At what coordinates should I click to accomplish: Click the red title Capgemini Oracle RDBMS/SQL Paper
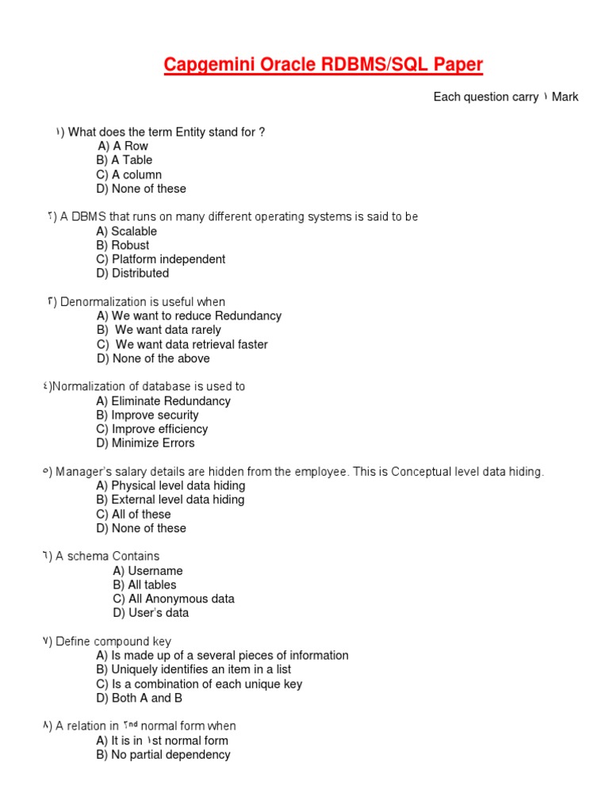point(323,64)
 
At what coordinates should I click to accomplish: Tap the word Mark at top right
point(565,97)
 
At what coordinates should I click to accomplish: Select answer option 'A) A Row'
point(123,146)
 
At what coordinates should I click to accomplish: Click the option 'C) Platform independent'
point(160,259)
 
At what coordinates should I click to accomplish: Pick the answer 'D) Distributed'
point(132,274)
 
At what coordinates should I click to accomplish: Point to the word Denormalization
point(99,302)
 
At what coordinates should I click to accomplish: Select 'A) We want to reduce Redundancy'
point(189,316)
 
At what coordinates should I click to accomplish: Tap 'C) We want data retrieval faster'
point(182,344)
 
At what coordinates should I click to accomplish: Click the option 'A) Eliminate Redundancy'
point(163,401)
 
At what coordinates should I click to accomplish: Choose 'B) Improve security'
point(147,415)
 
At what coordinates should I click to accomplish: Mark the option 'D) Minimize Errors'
point(145,443)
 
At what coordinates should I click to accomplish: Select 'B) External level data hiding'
point(170,500)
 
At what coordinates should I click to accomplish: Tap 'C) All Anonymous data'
point(174,599)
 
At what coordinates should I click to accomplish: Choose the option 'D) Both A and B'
point(139,698)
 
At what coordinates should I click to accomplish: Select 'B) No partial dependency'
point(163,755)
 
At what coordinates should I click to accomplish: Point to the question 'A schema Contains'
point(108,557)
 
